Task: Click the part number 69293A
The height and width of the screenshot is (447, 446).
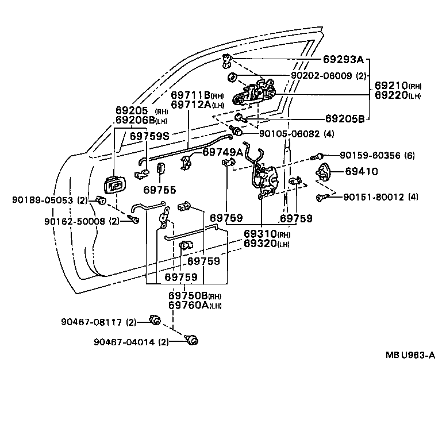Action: pyautogui.click(x=343, y=59)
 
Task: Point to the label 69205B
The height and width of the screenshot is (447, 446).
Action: pyautogui.click(x=345, y=119)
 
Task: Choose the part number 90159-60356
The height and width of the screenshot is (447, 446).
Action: pyautogui.click(x=377, y=155)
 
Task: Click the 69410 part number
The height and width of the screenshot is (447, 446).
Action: pyautogui.click(x=362, y=171)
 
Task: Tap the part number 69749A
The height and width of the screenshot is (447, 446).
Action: pyautogui.click(x=223, y=152)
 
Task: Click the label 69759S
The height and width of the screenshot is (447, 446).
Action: pyautogui.click(x=149, y=136)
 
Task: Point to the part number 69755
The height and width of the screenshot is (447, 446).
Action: pyautogui.click(x=160, y=190)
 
